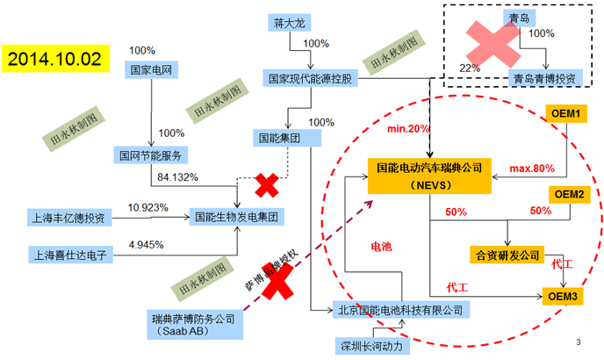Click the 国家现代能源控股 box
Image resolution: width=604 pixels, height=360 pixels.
(x=313, y=79)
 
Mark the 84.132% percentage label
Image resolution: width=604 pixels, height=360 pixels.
(x=177, y=177)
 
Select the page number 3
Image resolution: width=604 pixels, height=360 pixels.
(x=578, y=342)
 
